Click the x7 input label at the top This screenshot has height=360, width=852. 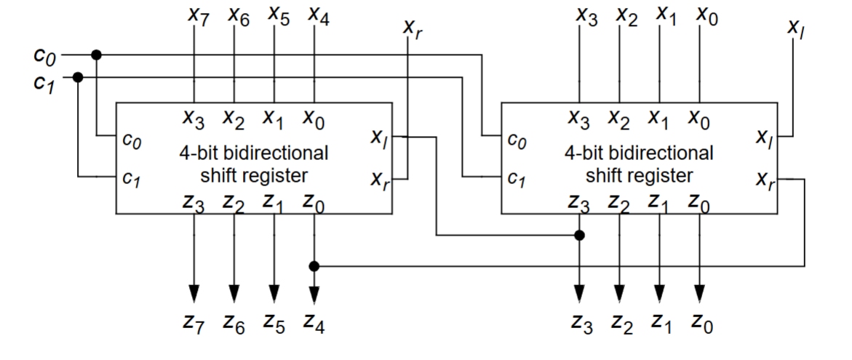click(196, 17)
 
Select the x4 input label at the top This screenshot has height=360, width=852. click(318, 15)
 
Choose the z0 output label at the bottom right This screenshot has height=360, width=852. click(701, 323)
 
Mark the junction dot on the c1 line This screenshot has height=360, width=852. click(79, 76)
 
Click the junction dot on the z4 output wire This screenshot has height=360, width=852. click(314, 266)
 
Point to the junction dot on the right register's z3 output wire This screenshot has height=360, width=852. click(579, 236)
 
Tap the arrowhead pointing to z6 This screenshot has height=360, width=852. click(234, 292)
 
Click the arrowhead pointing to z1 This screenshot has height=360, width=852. click(659, 292)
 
